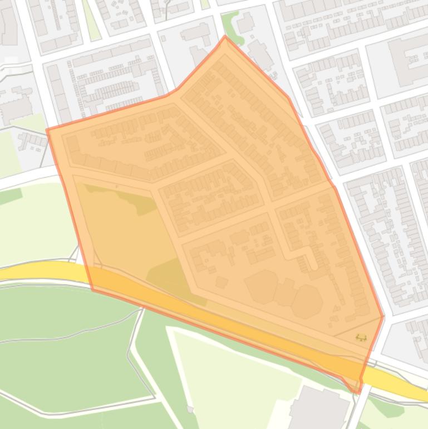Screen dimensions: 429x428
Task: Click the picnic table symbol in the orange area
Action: click(361, 337)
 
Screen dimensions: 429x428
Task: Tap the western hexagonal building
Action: click(262, 286)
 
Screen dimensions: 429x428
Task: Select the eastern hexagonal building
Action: click(306, 301)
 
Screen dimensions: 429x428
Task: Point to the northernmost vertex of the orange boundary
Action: click(225, 37)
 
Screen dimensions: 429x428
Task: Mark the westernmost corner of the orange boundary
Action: click(47, 130)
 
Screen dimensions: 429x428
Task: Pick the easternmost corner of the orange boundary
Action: click(383, 317)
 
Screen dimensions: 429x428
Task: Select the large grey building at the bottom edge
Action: click(320, 409)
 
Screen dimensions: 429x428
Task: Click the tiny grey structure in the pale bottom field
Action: click(190, 410)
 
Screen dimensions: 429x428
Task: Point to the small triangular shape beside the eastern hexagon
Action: click(336, 307)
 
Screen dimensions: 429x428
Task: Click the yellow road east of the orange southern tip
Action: click(401, 384)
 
